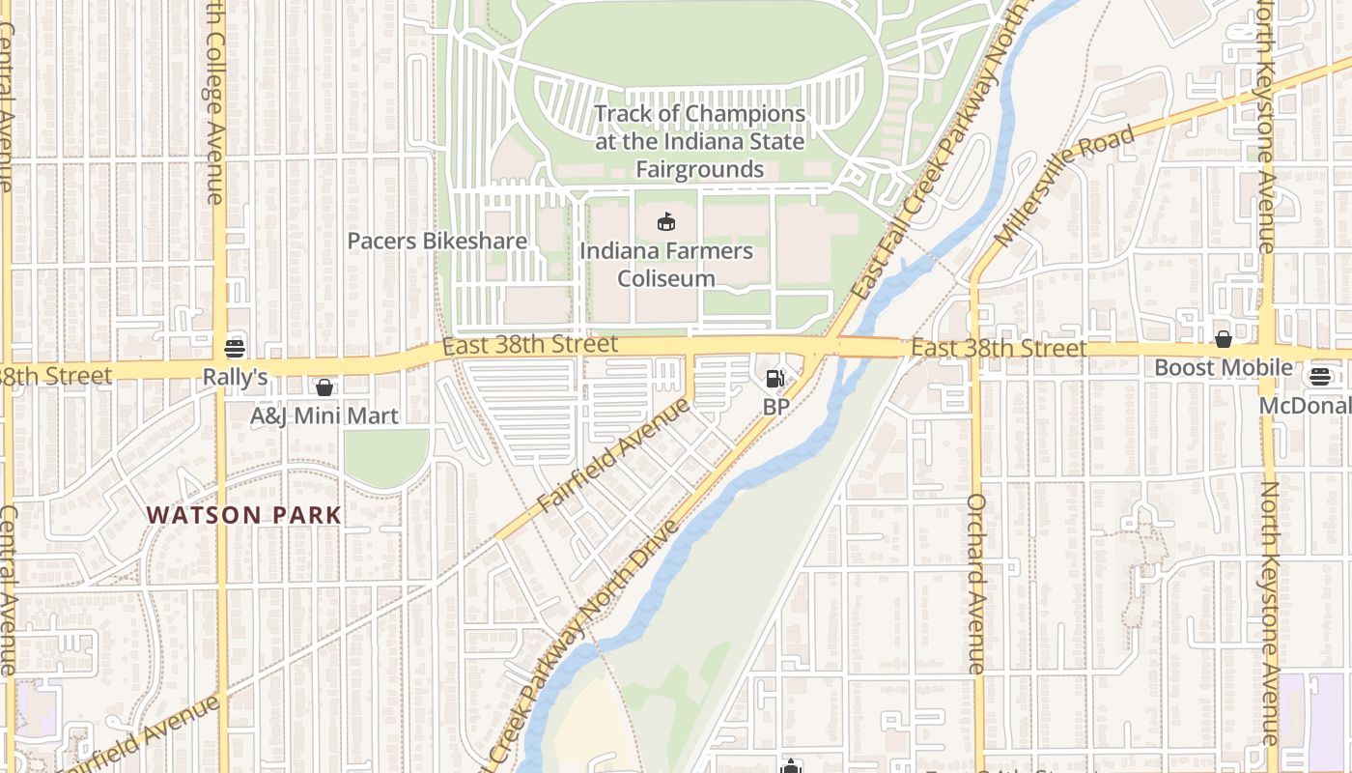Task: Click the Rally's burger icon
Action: [235, 348]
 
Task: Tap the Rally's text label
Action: [235, 377]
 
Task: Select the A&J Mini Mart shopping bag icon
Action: [324, 387]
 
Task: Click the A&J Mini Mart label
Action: [324, 416]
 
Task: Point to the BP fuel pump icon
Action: [775, 379]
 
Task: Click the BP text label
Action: [776, 407]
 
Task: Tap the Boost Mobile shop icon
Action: [1224, 339]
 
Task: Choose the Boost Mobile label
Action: [1224, 368]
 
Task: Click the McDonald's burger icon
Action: [1321, 377]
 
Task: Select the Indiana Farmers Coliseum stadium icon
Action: [666, 222]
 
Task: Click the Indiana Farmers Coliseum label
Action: [666, 265]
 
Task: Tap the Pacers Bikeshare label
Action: [437, 241]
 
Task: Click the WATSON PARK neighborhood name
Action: [244, 515]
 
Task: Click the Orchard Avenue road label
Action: [976, 584]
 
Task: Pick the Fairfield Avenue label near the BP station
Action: [615, 454]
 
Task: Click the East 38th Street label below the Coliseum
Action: [530, 344]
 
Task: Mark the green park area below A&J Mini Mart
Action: [386, 457]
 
